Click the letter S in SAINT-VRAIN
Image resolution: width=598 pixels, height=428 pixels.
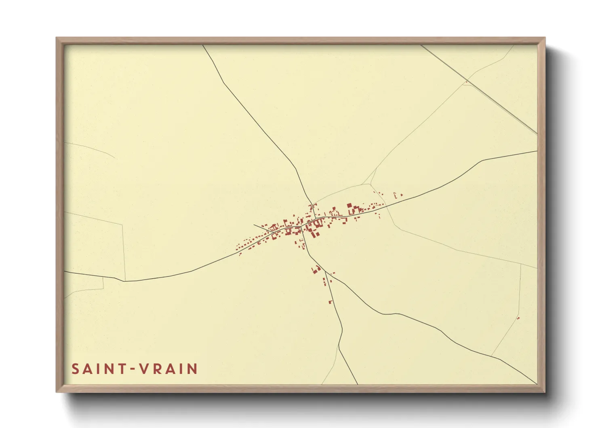[75, 369]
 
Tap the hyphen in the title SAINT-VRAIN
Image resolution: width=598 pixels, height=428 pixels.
[132, 369]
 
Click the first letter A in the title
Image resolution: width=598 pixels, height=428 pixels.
[87, 369]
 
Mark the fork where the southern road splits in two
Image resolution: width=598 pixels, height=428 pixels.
[325, 271]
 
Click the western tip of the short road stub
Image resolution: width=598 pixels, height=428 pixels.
[254, 225]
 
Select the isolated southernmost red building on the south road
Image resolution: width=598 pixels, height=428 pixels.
[331, 302]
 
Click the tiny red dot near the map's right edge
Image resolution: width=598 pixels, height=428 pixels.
[518, 318]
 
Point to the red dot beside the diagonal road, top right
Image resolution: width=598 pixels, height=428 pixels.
[466, 82]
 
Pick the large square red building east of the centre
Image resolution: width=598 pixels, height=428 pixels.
[350, 206]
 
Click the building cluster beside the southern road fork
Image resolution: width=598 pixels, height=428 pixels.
[316, 269]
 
